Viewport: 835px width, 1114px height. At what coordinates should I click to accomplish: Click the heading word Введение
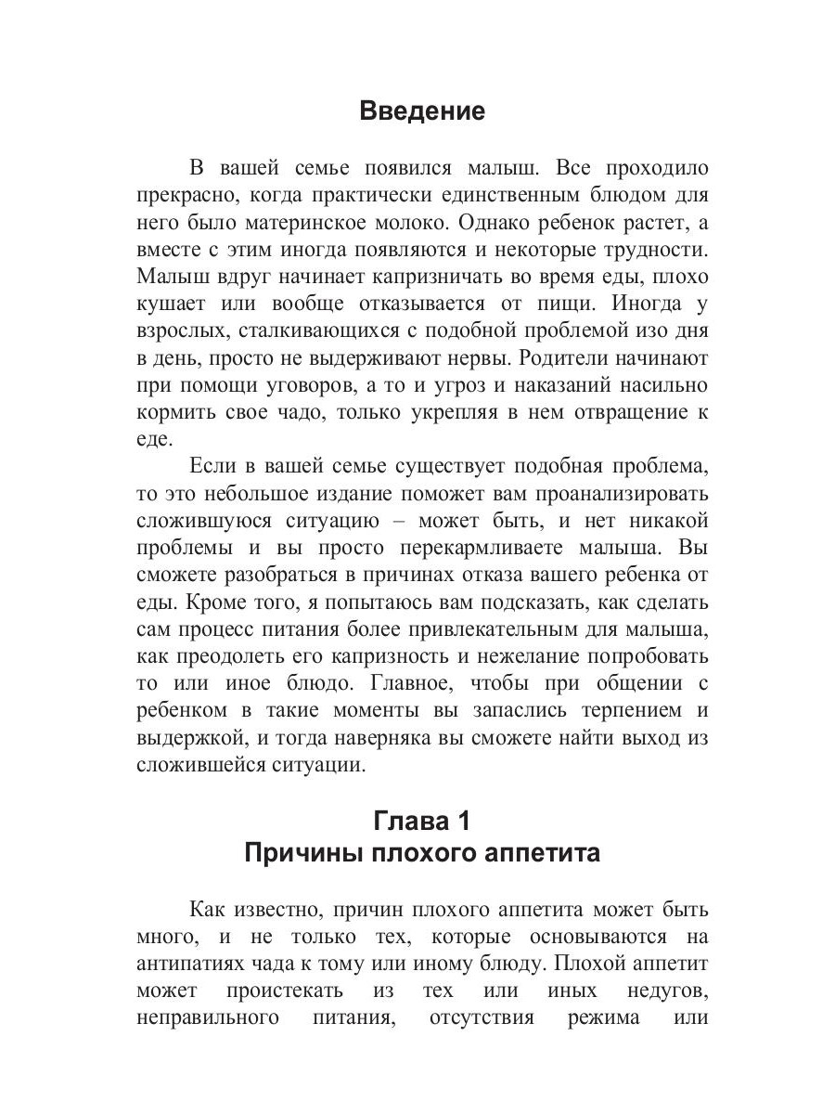(x=422, y=112)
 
